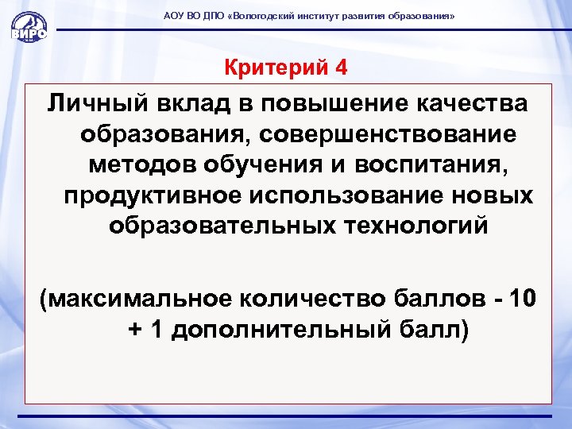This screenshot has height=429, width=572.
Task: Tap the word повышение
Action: (330, 103)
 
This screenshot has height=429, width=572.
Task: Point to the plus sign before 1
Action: (134, 330)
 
